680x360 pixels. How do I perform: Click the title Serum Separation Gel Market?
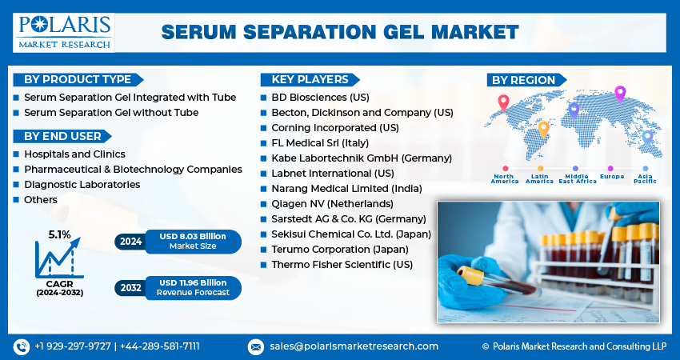(x=340, y=32)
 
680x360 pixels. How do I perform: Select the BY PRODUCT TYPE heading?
(x=77, y=79)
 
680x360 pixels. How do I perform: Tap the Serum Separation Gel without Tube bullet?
(x=111, y=113)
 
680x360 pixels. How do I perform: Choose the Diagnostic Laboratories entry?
(x=82, y=184)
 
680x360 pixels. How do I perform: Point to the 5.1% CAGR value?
(x=59, y=234)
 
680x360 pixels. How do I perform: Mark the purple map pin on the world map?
(x=619, y=94)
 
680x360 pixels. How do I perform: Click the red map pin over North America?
(x=503, y=102)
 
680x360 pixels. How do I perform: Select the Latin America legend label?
(x=539, y=178)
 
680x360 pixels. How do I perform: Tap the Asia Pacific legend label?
(x=645, y=178)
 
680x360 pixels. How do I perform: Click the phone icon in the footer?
(x=21, y=346)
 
